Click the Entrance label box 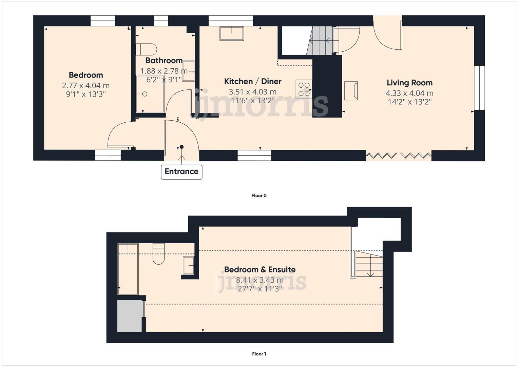pyautogui.click(x=181, y=172)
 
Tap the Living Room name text pyautogui.click(x=409, y=83)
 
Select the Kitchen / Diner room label pyautogui.click(x=253, y=81)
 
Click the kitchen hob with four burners pyautogui.click(x=304, y=89)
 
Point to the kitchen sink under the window pyautogui.click(x=232, y=34)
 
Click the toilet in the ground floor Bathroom pyautogui.click(x=146, y=49)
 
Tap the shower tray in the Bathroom pyautogui.click(x=150, y=94)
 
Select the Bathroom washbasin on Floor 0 pyautogui.click(x=189, y=71)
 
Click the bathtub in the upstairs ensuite pyautogui.click(x=128, y=269)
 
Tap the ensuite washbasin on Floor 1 pyautogui.click(x=189, y=265)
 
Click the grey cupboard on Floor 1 pyautogui.click(x=129, y=316)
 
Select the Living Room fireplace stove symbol pyautogui.click(x=351, y=90)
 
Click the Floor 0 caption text pyautogui.click(x=259, y=195)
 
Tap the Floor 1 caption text pyautogui.click(x=259, y=354)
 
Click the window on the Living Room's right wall pyautogui.click(x=479, y=88)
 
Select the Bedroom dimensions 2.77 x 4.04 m pyautogui.click(x=85, y=86)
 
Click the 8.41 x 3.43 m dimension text pyautogui.click(x=260, y=280)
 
